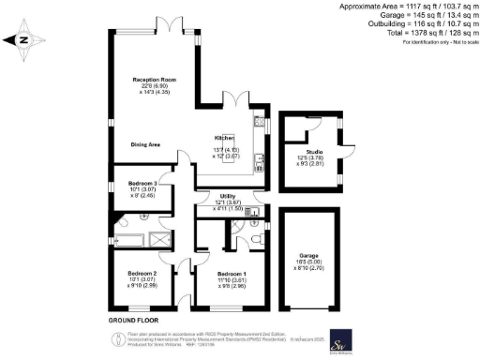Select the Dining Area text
[x=148, y=144]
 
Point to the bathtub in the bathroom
[x=127, y=242]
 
